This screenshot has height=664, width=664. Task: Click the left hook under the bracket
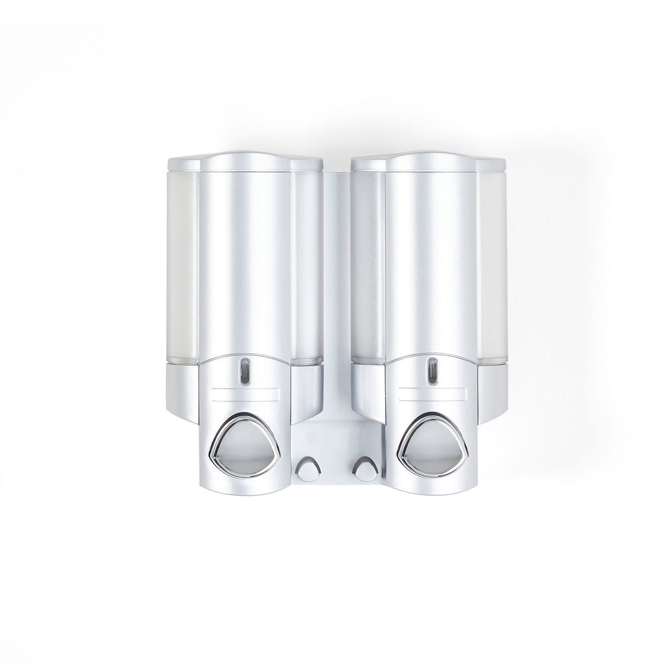[308, 469]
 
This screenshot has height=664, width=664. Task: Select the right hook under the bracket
[364, 469]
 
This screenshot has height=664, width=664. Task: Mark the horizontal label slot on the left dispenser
[244, 394]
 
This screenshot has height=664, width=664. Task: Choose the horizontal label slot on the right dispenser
[431, 394]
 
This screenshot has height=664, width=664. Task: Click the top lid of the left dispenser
[245, 161]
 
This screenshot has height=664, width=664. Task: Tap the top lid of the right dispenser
[429, 161]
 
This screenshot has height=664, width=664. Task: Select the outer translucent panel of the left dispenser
[182, 266]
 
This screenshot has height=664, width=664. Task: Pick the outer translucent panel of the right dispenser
[492, 266]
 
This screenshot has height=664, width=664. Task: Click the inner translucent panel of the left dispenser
[307, 266]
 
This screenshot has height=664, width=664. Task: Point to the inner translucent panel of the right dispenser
[368, 266]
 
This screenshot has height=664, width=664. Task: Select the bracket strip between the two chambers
[337, 292]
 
